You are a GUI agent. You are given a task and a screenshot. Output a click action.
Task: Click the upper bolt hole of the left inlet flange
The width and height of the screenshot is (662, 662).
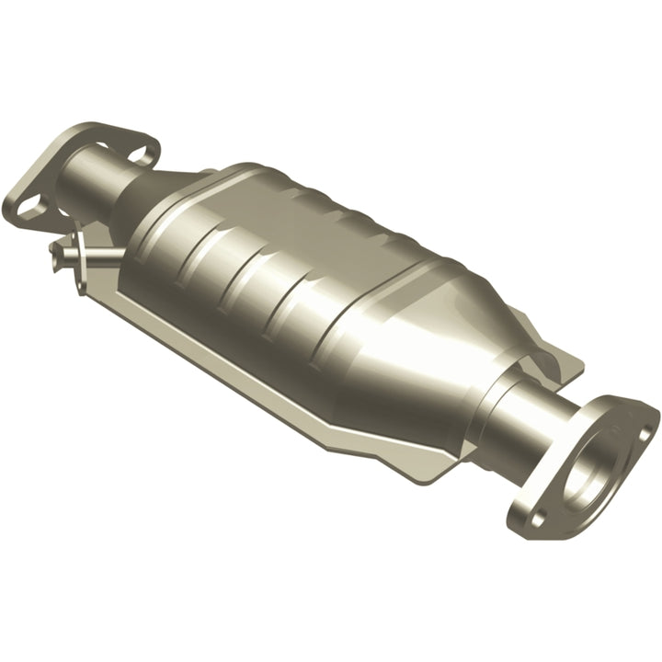141,151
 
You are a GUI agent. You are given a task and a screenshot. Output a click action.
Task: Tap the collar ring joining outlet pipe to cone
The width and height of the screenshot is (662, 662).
496,405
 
